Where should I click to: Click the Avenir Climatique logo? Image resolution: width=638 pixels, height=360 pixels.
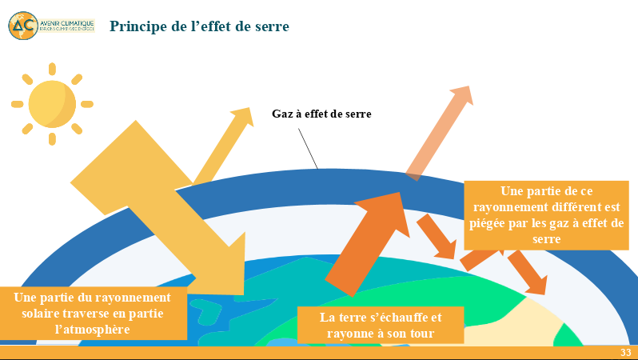coord(51,25)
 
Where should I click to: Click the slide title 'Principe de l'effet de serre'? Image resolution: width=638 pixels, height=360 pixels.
coord(199,26)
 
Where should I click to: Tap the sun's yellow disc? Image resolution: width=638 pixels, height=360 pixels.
coord(52,103)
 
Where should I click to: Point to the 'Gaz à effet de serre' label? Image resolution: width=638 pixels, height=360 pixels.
coord(321,114)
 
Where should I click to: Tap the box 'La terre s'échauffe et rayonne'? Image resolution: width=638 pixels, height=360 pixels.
coord(381,325)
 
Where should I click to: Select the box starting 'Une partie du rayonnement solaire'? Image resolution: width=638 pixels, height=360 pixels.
coord(94,313)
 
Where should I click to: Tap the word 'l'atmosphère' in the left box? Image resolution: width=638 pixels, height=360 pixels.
coord(94,329)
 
